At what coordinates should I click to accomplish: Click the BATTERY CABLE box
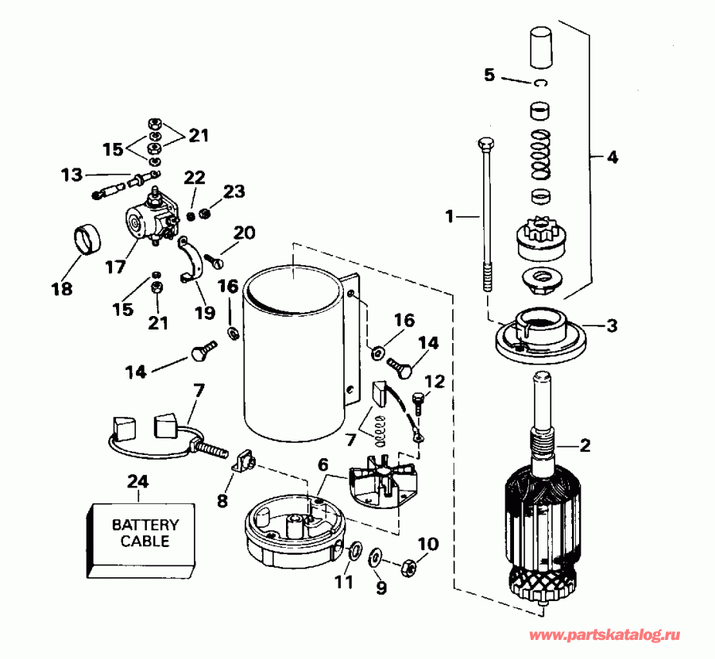point(140,535)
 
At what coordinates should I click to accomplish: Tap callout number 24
point(139,481)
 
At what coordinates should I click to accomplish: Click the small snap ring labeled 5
point(540,83)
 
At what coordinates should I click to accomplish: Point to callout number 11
point(343,582)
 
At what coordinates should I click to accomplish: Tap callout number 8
point(222,501)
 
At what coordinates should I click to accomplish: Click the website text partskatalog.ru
point(605,636)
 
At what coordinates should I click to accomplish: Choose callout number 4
point(611,157)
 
